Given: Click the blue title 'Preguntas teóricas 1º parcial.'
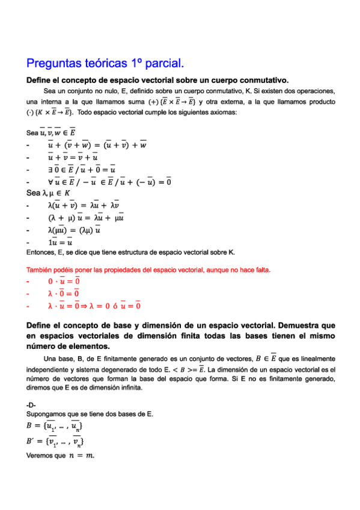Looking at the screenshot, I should pos(105,64).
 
